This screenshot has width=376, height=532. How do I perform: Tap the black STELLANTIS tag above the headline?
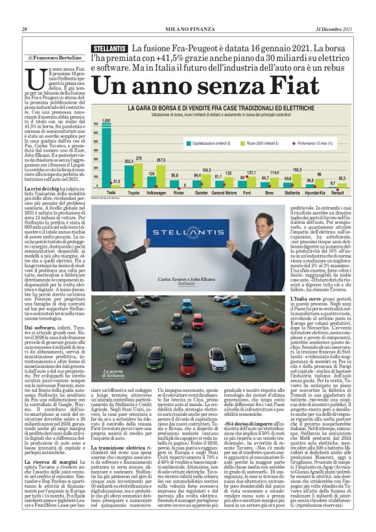click(x=110, y=49)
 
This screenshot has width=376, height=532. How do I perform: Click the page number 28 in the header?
click(x=25, y=29)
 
